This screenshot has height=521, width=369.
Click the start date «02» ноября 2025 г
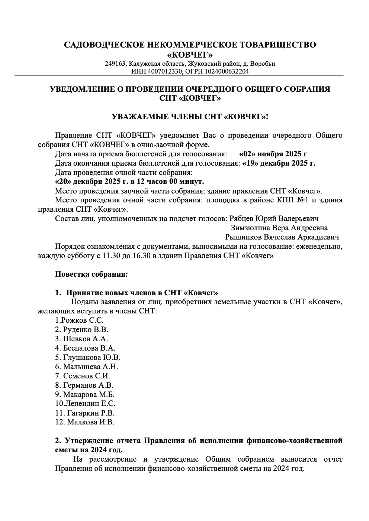(273, 154)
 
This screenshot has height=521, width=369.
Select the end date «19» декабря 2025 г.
(279, 163)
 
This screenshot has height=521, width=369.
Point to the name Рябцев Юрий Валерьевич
(274, 218)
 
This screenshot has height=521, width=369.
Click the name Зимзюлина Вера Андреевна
(279, 228)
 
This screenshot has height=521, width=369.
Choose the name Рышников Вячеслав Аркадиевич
(282, 237)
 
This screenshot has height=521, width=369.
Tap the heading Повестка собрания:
(92, 274)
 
